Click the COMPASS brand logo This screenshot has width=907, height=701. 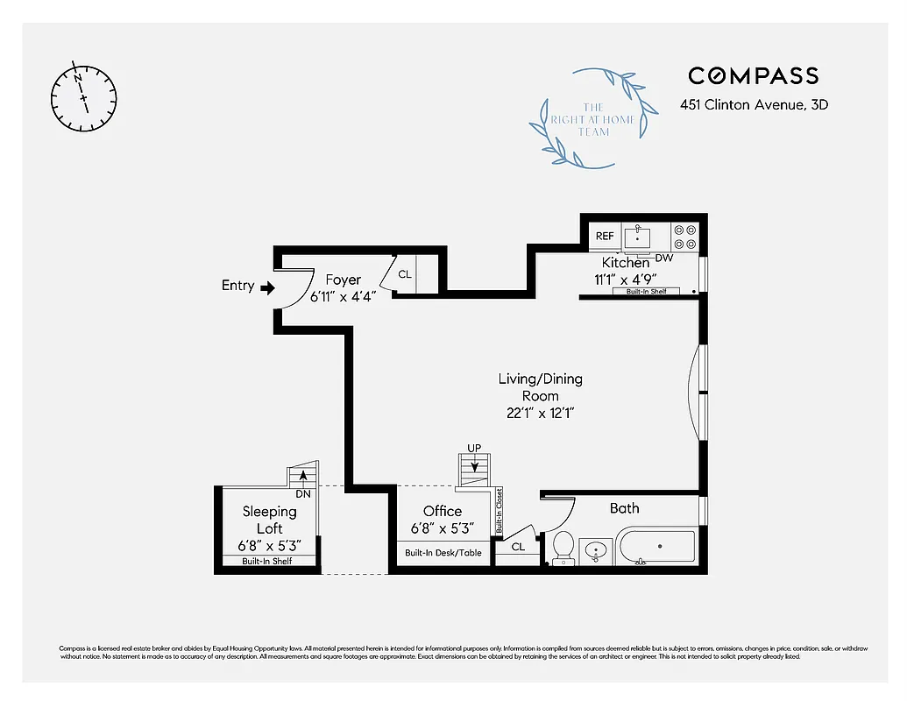753,76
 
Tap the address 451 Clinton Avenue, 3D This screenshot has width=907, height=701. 754,105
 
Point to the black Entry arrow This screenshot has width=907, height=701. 267,286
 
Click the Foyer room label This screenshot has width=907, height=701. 343,280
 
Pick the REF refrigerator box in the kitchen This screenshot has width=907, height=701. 605,236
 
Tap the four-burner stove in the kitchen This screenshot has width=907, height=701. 684,236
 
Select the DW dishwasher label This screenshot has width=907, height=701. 663,258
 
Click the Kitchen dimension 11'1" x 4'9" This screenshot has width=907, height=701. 626,280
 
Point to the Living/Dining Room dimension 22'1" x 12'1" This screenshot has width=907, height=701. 540,412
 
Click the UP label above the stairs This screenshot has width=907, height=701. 474,449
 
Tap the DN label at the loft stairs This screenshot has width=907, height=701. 303,493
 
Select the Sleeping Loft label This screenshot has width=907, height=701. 269,520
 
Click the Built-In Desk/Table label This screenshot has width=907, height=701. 443,553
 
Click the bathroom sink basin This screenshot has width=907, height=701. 596,550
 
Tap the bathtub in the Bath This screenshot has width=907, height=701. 657,547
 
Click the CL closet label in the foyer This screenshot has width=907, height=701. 404,273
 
